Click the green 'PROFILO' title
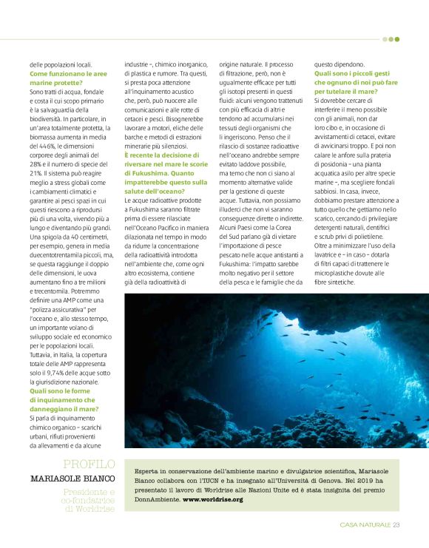(89, 464)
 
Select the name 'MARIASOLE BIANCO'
(72, 478)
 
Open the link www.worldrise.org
(213, 499)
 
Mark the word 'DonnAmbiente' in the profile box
(155, 499)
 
